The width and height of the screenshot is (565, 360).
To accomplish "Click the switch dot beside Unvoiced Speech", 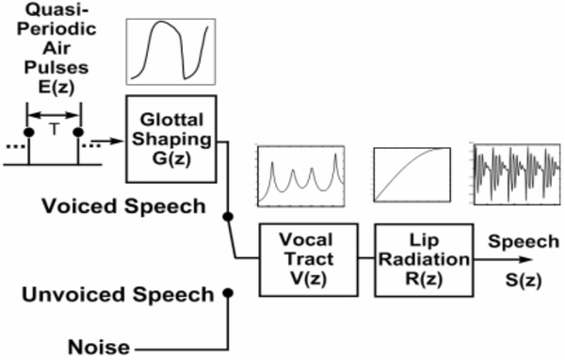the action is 227,294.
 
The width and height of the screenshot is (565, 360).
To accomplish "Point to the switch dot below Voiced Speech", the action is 227,218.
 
